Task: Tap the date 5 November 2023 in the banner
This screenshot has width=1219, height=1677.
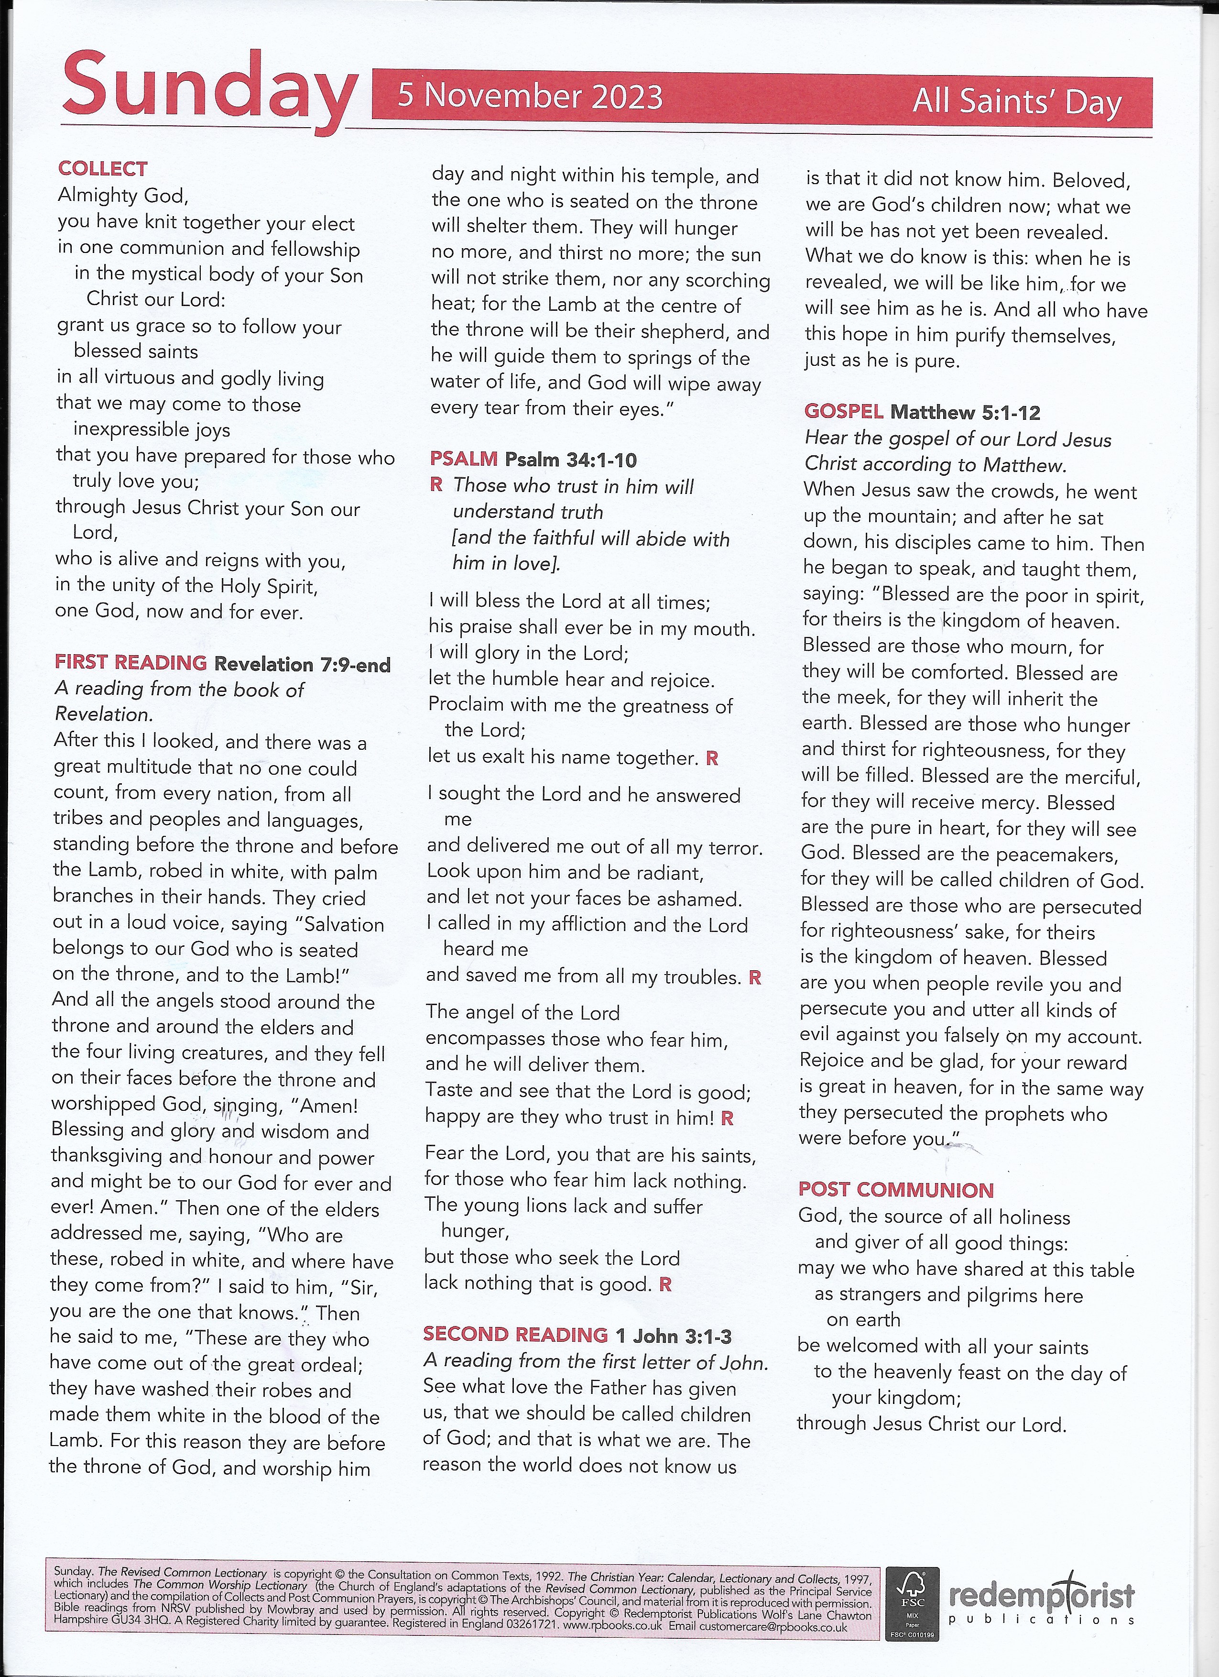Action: coord(530,97)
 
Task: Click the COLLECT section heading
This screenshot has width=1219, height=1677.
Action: coord(103,169)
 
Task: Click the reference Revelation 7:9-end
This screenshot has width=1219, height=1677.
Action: coord(302,664)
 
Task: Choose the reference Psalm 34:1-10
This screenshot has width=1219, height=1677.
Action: coord(571,460)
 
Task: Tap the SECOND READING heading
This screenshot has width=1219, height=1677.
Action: coord(515,1335)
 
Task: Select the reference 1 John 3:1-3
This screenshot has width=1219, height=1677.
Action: coord(674,1336)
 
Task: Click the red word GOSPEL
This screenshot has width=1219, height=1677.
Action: coord(843,411)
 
